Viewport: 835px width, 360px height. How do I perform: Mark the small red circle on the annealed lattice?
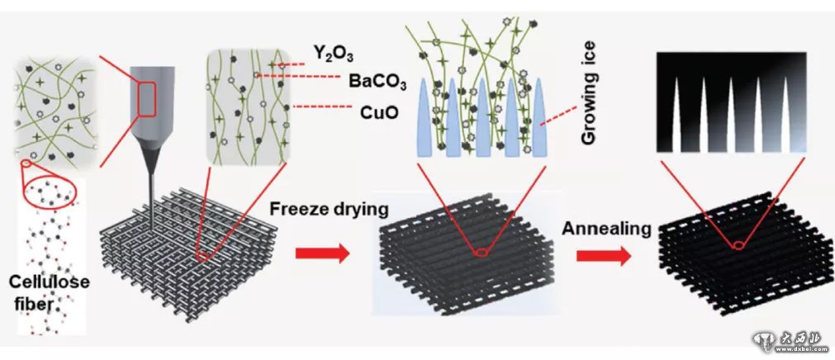click(740, 244)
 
